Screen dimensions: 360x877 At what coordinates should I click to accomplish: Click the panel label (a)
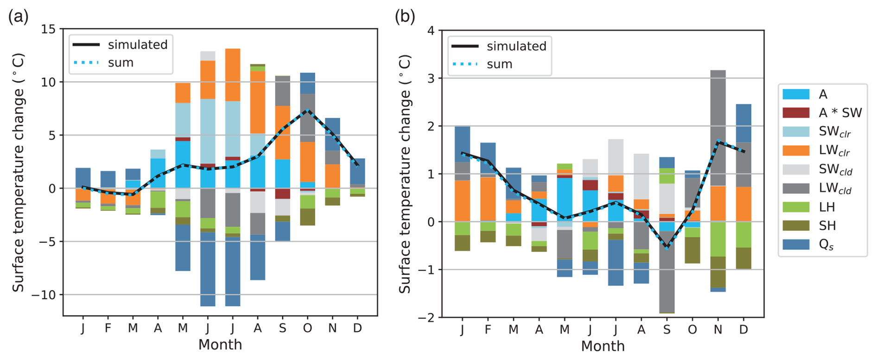point(18,17)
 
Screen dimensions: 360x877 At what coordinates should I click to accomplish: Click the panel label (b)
point(405,17)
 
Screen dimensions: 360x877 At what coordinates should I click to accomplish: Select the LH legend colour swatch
point(796,207)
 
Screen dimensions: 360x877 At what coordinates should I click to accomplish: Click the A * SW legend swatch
point(796,113)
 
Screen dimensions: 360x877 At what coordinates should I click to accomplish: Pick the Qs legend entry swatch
point(796,245)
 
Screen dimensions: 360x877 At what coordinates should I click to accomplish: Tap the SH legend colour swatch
point(796,226)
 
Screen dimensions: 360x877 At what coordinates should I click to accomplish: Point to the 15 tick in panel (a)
point(48,29)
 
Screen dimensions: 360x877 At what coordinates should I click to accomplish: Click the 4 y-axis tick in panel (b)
point(431,31)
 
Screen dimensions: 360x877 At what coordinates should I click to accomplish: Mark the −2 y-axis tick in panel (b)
point(427,317)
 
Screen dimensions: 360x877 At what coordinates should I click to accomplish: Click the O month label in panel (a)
point(307,328)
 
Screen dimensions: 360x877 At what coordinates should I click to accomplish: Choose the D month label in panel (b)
point(744,329)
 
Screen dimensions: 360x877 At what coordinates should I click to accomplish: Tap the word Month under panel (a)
point(220,345)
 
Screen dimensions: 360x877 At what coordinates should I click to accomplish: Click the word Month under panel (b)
point(603,346)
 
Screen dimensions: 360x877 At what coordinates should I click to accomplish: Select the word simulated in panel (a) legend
point(138,45)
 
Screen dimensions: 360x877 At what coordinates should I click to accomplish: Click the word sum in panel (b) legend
point(499,64)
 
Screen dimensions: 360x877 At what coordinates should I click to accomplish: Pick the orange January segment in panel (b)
point(462,201)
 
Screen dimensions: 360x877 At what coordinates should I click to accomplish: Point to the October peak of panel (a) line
point(307,110)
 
